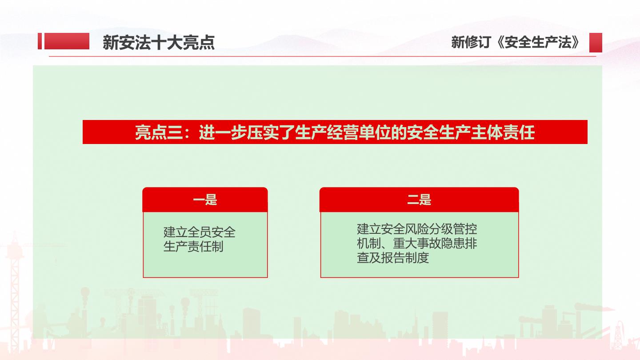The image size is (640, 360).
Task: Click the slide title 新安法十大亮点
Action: [x=159, y=43]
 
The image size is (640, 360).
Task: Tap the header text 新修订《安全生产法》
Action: [x=515, y=42]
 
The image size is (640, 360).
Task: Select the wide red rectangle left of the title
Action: [x=67, y=41]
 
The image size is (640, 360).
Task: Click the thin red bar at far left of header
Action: [x=40, y=41]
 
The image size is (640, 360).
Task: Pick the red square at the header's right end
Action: [x=596, y=43]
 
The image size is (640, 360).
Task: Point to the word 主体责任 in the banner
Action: [x=503, y=132]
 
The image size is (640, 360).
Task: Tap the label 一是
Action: [x=205, y=200]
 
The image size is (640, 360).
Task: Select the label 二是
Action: [x=419, y=200]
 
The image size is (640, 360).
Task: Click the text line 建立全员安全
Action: [x=200, y=232]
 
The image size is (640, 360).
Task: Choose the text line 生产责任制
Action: [x=193, y=247]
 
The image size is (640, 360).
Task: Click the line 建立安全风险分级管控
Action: [x=417, y=229]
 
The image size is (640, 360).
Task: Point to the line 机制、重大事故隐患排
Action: [x=417, y=244]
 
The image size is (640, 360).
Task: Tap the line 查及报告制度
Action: [x=393, y=258]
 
